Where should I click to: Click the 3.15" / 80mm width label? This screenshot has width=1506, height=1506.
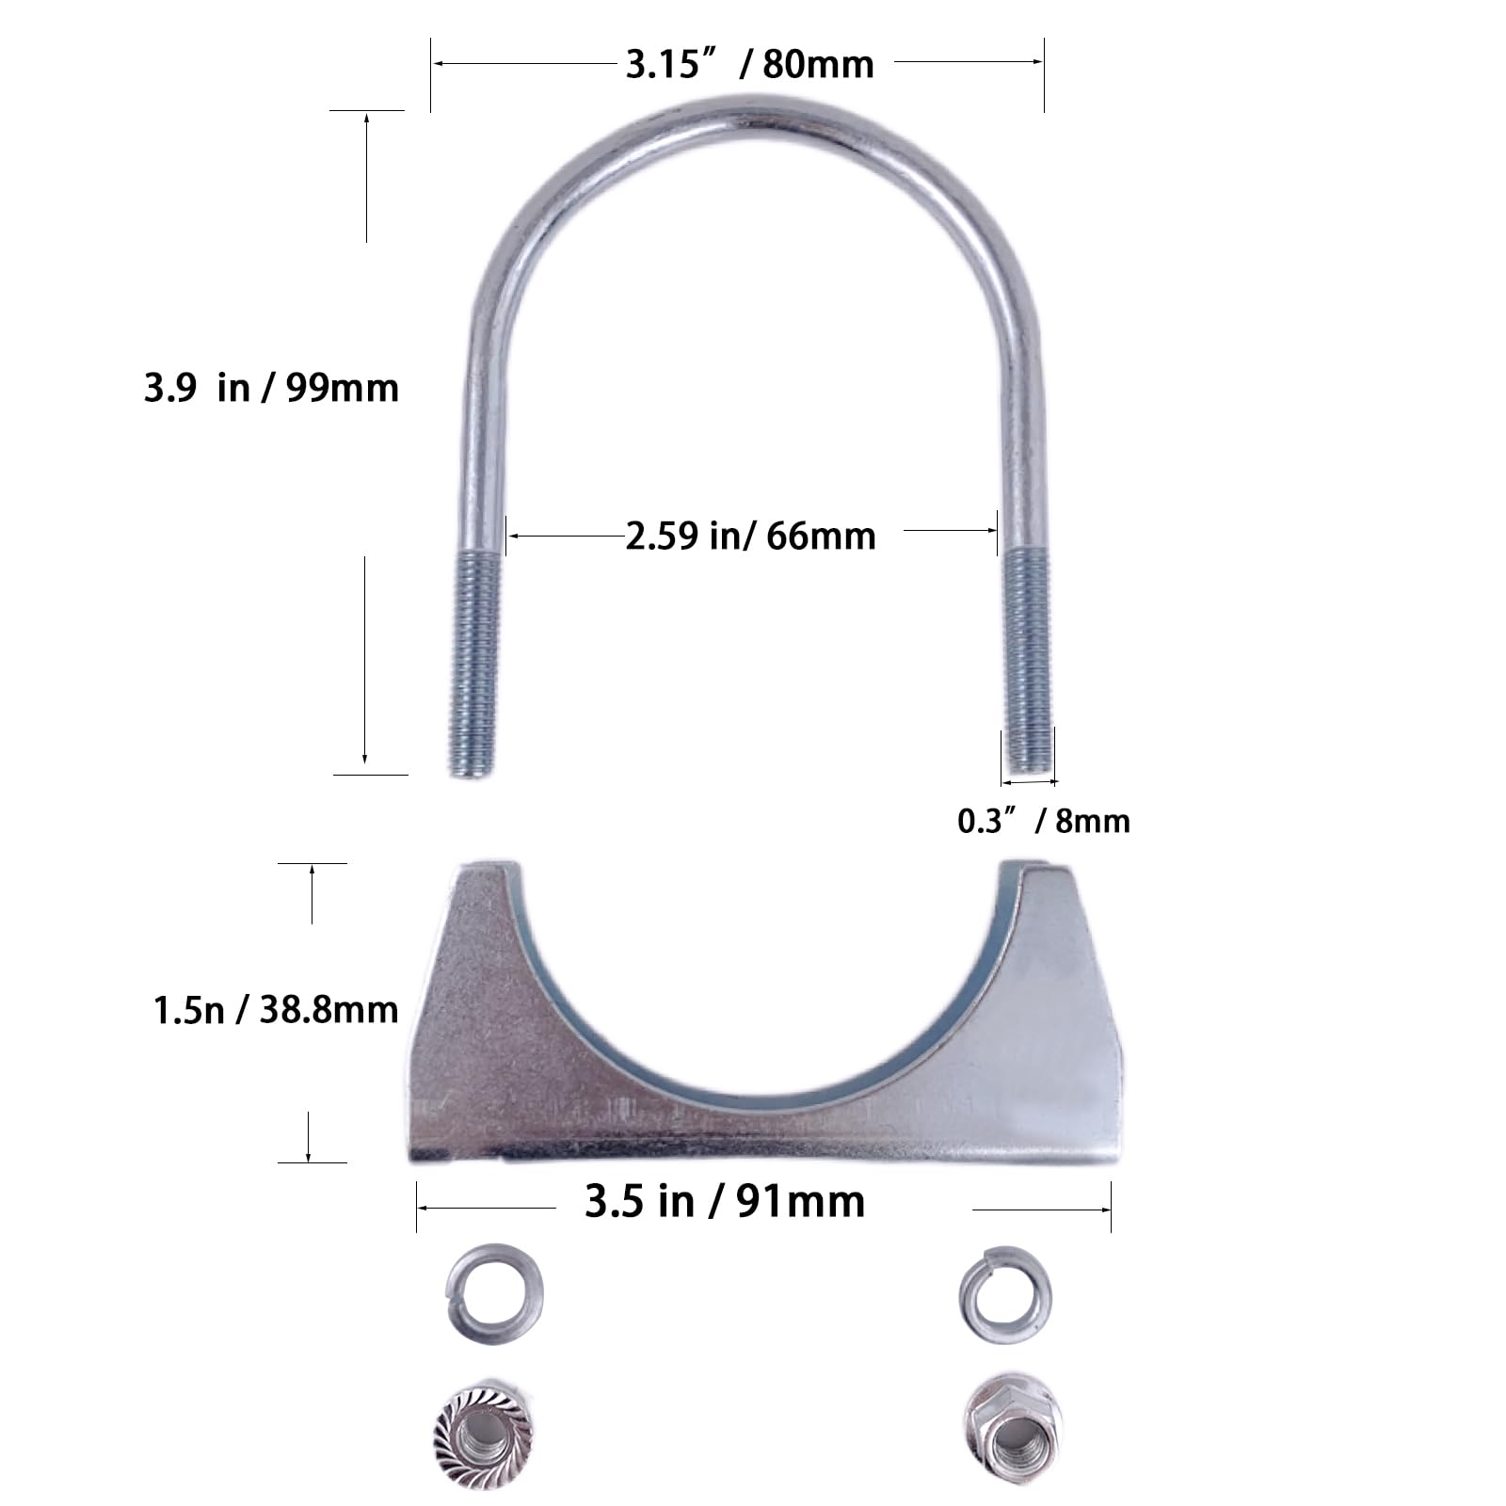(x=749, y=64)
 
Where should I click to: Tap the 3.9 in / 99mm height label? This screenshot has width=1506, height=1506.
(x=271, y=388)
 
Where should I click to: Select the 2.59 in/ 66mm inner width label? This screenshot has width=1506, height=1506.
(x=750, y=536)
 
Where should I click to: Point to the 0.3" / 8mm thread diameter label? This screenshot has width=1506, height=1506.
(x=1043, y=821)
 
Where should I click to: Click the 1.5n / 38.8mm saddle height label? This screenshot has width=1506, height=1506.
(x=276, y=1010)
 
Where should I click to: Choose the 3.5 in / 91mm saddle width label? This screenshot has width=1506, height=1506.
(x=724, y=1202)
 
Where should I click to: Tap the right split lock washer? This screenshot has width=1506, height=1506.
(x=1005, y=1295)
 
